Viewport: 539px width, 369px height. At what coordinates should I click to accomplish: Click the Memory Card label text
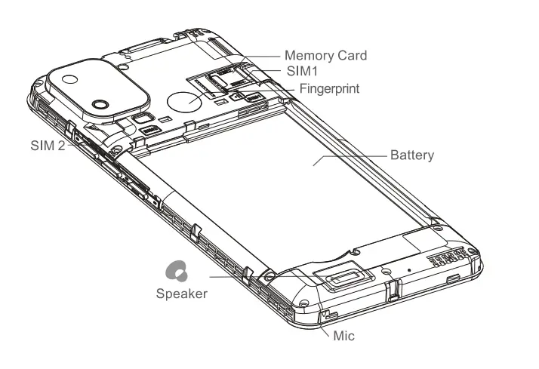coord(325,55)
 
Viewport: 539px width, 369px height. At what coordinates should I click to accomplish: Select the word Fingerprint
coord(329,88)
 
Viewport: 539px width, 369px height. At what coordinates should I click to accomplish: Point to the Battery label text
coord(411,155)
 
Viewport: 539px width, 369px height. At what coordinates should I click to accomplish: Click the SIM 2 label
coord(48,146)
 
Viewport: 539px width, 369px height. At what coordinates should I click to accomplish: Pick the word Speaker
coord(181,294)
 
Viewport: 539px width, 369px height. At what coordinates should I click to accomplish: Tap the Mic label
coord(343,336)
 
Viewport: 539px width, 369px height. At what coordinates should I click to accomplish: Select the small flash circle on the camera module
coord(69,78)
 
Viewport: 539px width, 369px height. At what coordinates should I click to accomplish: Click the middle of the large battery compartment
coord(287,181)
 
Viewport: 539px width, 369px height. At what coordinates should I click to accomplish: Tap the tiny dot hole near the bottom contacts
coord(408,269)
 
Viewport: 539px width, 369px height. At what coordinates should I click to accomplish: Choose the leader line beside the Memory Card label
coord(260,55)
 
